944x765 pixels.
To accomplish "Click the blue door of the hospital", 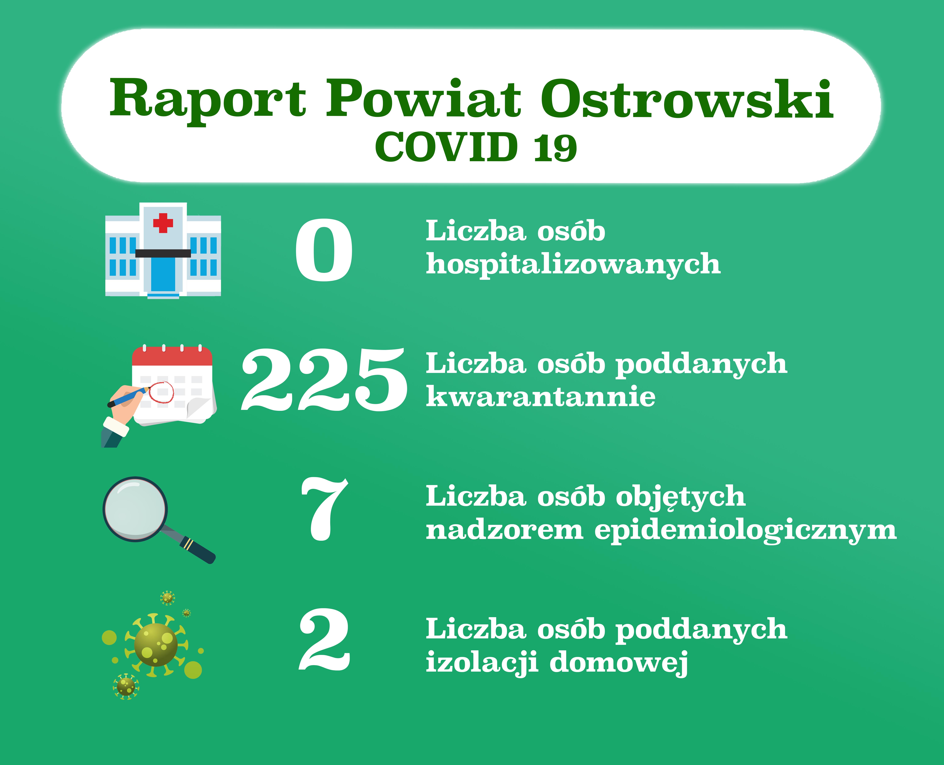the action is pyautogui.click(x=163, y=274).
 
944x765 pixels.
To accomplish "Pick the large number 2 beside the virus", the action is pyautogui.click(x=325, y=640).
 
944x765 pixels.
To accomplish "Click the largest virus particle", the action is pyautogui.click(x=156, y=645).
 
